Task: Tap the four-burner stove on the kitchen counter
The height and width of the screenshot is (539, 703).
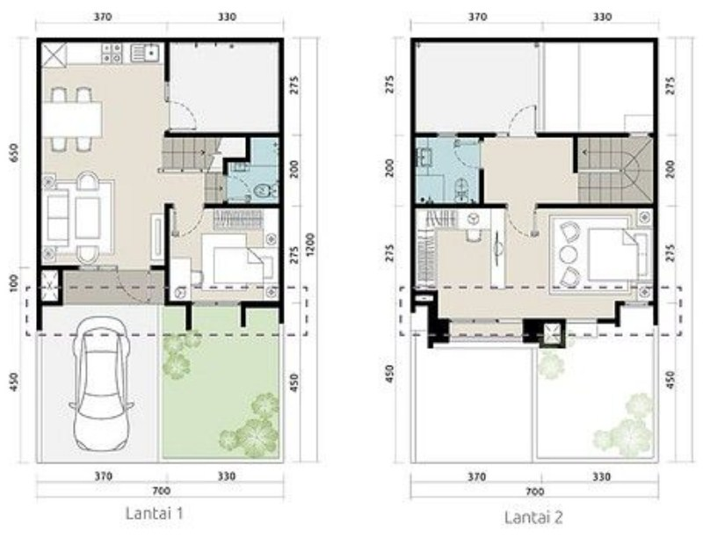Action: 112,55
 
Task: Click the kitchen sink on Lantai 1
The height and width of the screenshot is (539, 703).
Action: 143,55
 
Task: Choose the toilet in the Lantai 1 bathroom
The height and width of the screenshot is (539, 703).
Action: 261,191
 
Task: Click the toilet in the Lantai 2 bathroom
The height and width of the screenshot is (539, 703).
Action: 460,187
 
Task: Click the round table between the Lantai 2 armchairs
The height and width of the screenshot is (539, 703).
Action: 566,255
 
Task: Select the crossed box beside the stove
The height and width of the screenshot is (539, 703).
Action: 54,55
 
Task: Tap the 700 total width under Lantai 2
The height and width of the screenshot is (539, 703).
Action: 533,490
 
